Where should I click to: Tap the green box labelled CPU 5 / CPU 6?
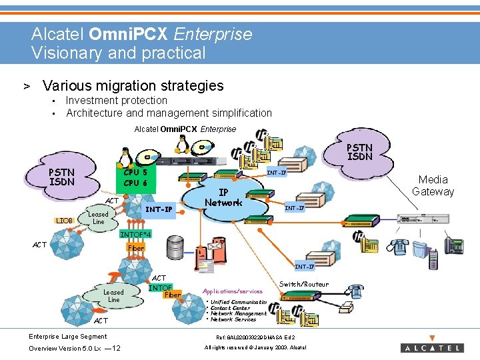pyautogui.click(x=135, y=177)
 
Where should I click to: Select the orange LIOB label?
pyautogui.click(x=64, y=220)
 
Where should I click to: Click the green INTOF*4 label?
pyautogui.click(x=135, y=235)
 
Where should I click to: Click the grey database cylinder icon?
pyautogui.click(x=176, y=248)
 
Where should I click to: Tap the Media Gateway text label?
pyautogui.click(x=433, y=185)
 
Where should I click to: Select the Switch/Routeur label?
pyautogui.click(x=303, y=284)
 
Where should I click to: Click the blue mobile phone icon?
pyautogui.click(x=433, y=259)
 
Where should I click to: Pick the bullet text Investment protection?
pyautogui.click(x=117, y=100)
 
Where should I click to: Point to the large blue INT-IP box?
pyautogui.click(x=159, y=209)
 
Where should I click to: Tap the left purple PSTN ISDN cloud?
pyautogui.click(x=61, y=177)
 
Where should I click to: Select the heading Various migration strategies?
pyautogui.click(x=133, y=85)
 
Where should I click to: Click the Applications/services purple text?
pyautogui.click(x=233, y=291)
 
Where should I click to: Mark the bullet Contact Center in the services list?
pyautogui.click(x=230, y=308)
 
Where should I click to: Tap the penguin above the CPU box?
pyautogui.click(x=123, y=155)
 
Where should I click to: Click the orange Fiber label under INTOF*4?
pyautogui.click(x=135, y=248)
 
